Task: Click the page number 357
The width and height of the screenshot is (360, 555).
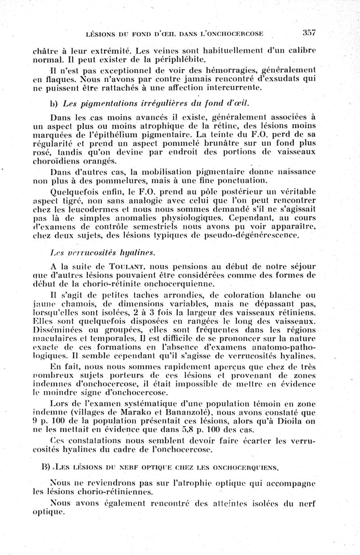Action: click(x=309, y=33)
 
